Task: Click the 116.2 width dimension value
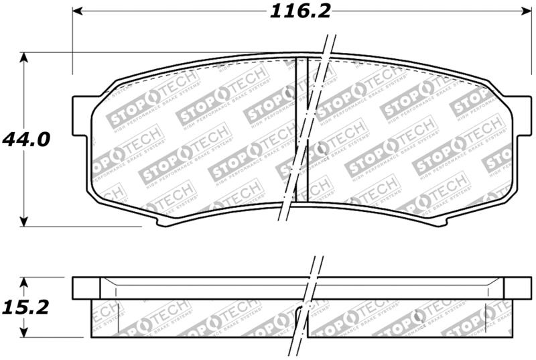click(300, 11)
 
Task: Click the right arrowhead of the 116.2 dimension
click(525, 11)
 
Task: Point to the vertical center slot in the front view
click(301, 127)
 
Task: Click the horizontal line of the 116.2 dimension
click(167, 11)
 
